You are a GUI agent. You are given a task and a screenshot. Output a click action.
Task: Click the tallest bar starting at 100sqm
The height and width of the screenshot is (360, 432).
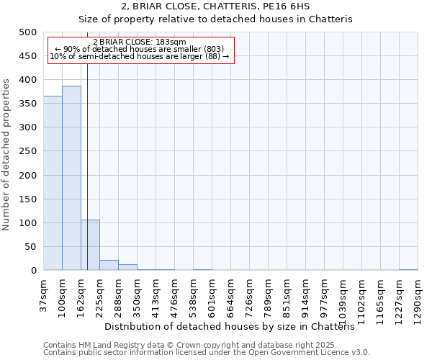(71, 179)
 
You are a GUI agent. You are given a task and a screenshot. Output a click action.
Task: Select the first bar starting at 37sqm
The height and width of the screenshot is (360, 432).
(53, 184)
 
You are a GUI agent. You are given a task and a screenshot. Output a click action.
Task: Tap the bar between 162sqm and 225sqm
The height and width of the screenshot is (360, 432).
(90, 246)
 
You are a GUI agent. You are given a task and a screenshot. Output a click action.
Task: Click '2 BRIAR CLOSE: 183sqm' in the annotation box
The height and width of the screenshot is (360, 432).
(140, 42)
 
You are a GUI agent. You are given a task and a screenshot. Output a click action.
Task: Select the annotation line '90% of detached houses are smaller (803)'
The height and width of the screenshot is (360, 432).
(140, 49)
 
